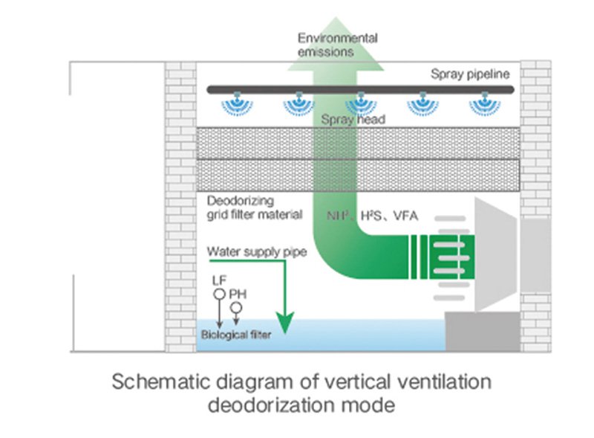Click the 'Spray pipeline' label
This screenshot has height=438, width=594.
[470, 74]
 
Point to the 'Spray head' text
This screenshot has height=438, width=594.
[353, 120]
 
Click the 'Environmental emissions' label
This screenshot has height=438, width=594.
[338, 45]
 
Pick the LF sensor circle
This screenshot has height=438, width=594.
[219, 294]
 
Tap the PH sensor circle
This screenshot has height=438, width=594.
[236, 307]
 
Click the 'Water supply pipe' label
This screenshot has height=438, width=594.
[257, 252]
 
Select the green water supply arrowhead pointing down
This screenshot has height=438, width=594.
[285, 323]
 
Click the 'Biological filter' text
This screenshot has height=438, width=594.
[236, 335]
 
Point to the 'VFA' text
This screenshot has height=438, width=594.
[405, 216]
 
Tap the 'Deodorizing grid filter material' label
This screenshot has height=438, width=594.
[255, 207]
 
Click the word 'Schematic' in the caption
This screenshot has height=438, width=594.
[161, 381]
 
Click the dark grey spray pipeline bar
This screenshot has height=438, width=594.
[360, 89]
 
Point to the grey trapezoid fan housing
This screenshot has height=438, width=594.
[495, 254]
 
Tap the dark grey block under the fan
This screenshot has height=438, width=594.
[483, 332]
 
